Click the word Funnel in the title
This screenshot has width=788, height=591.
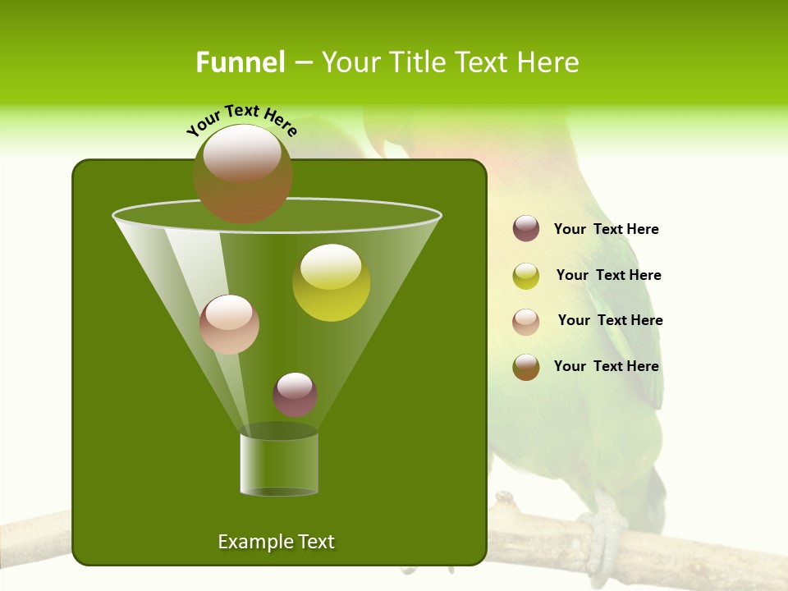click(241, 62)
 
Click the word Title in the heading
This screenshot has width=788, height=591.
click(416, 62)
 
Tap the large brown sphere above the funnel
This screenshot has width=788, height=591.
click(242, 173)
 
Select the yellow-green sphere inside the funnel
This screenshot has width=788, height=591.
click(331, 282)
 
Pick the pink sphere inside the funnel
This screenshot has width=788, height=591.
click(229, 324)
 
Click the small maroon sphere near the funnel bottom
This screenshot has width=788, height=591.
click(295, 394)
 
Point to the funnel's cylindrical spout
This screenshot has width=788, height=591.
click(278, 464)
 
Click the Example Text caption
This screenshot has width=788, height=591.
click(276, 542)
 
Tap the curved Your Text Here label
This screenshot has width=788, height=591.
click(241, 120)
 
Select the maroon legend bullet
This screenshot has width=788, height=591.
click(526, 229)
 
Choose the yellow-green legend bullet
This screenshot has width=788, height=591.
click(526, 276)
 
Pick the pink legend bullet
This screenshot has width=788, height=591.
click(526, 322)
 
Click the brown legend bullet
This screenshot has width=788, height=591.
click(526, 367)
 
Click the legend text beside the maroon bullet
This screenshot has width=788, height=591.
click(606, 230)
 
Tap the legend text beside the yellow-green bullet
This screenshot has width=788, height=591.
click(608, 276)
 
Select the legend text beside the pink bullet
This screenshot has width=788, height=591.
click(610, 321)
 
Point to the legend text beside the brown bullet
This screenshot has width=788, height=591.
click(606, 367)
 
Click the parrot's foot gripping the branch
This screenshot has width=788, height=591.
click(603, 525)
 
